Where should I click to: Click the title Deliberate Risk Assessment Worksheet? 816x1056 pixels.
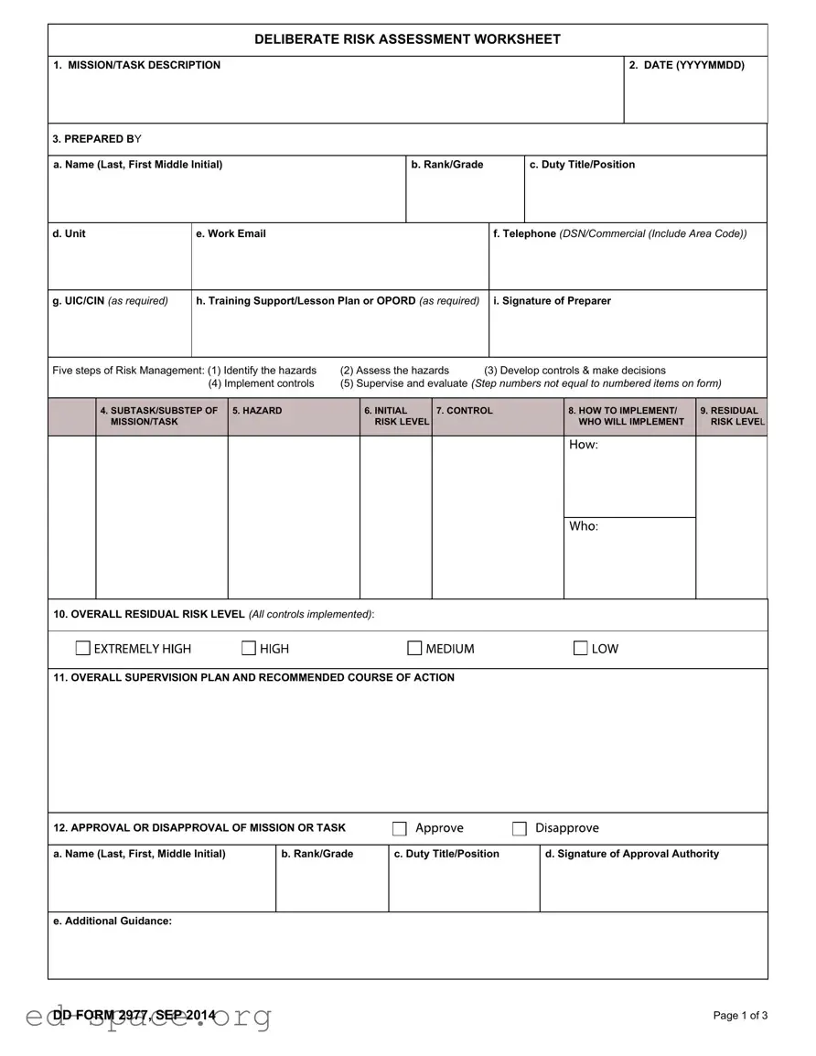407,39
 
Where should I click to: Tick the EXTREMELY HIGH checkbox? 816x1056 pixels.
83,649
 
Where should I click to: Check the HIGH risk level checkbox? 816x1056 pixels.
249,649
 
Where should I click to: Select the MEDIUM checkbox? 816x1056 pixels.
414,649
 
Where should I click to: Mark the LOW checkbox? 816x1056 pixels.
581,649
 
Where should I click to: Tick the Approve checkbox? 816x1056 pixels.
400,829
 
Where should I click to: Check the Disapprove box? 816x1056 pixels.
520,829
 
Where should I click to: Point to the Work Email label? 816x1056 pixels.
231,234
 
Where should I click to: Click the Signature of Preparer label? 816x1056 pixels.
552,301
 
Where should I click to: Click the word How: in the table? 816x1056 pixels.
584,445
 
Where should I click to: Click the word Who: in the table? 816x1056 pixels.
584,526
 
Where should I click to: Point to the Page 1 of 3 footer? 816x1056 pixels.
740,1016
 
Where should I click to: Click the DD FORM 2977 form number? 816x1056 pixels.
134,1015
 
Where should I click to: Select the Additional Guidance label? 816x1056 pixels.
113,921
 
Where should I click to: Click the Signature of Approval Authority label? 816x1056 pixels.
631,854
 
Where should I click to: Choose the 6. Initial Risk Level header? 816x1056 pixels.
396,416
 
